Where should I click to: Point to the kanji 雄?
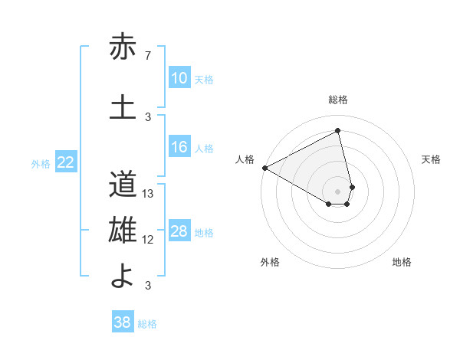coord(123,231)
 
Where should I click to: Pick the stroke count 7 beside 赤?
coord(148,56)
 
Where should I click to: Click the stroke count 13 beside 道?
coord(149,194)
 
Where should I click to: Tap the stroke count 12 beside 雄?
coord(149,240)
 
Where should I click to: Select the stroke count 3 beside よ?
coord(148,286)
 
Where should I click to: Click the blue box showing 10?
coord(179,78)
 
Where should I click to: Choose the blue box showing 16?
coord(179,147)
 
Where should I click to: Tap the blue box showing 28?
coord(179,231)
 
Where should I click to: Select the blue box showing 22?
coord(66,162)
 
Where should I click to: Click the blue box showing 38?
coord(122,322)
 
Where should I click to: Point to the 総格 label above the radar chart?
coord(338,100)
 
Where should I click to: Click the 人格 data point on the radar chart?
coord(264,167)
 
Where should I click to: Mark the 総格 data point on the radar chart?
coord(338,130)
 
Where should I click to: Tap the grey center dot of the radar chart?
coord(338,190)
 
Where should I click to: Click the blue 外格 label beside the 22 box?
coord(41,163)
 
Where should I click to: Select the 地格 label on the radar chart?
coord(402,262)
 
